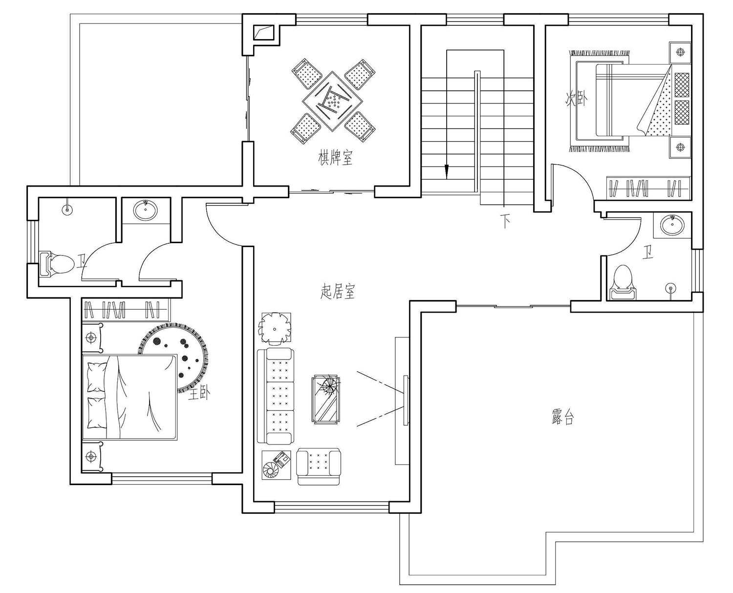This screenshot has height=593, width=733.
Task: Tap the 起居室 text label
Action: tap(337, 291)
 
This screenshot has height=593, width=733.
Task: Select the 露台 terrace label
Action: tap(562, 418)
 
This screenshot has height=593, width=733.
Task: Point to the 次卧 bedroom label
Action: tap(577, 98)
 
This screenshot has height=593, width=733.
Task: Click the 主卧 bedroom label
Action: tap(198, 394)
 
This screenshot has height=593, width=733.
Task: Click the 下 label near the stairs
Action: tap(505, 221)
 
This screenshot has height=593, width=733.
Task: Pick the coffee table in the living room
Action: tap(325, 399)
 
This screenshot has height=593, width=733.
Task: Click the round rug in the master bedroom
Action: tap(173, 358)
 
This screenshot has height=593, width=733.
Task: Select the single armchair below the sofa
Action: tap(319, 466)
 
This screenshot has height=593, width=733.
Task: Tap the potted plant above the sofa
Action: tap(275, 328)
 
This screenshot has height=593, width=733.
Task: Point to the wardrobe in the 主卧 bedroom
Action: tap(126, 310)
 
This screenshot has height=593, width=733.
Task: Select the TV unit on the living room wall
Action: tap(402, 401)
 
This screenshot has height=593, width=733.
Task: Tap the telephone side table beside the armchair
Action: tap(276, 465)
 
